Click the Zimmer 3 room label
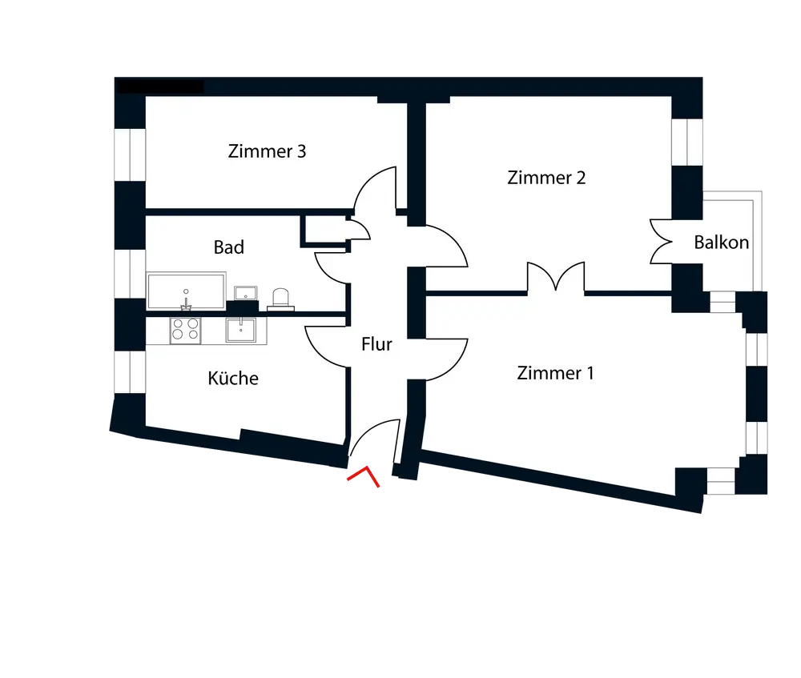coord(267,151)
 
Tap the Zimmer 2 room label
coord(546,178)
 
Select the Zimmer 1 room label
coord(555,373)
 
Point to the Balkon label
coord(722,242)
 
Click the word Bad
coord(228,247)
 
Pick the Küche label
coord(233,378)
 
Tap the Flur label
coord(376,345)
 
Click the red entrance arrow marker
coord(364,477)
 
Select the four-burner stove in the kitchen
coord(186,329)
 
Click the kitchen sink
coord(241,329)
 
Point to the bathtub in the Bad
coord(186,291)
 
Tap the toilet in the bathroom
coord(282,298)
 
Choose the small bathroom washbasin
coord(244,292)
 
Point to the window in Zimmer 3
coord(127,154)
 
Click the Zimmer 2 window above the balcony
coord(686,142)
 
